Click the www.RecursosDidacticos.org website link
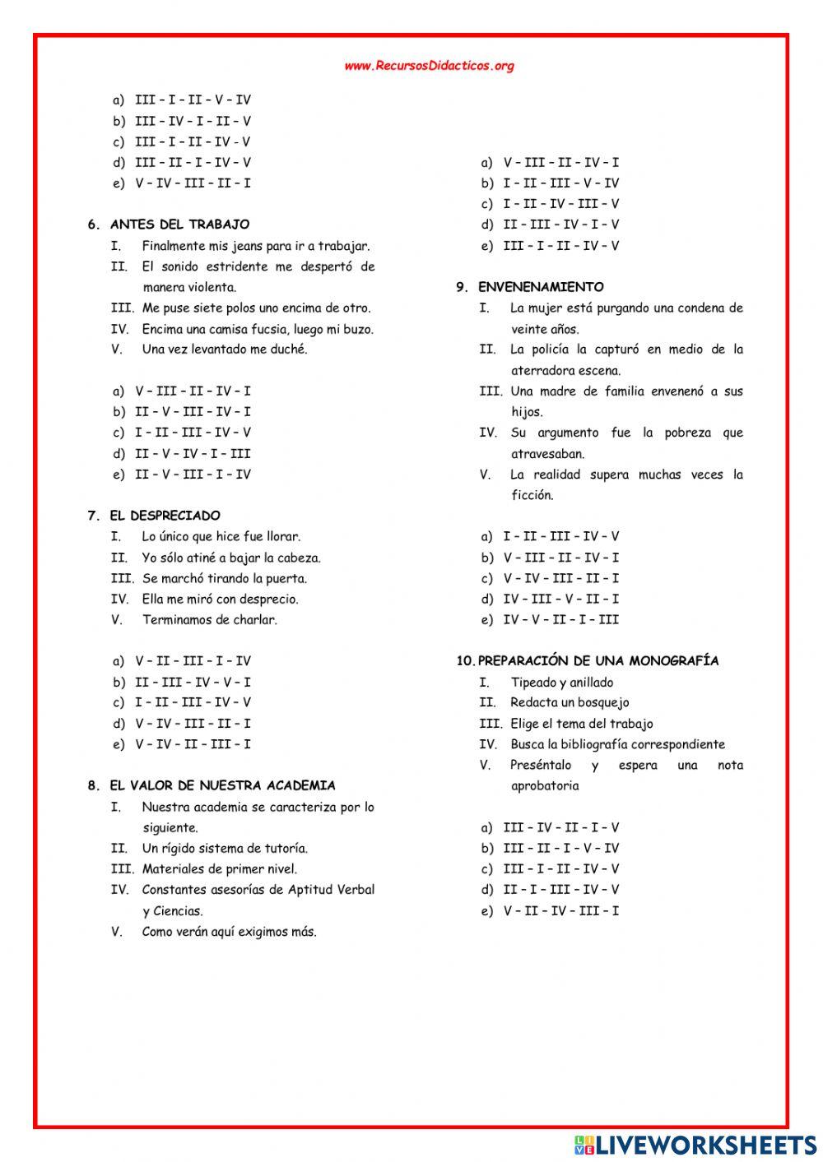pos(429,66)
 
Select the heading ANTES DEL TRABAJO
pos(179,225)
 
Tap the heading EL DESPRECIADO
pos(165,516)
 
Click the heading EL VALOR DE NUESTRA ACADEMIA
pos(222,785)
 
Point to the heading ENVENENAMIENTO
pos(541,287)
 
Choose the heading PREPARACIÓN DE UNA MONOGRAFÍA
pos(597,660)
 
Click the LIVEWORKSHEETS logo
pos(695,1144)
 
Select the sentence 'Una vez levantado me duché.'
pos(224,350)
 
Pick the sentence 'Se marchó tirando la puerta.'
pos(224,578)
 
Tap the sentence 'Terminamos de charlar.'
pos(209,620)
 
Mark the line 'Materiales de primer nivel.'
pos(220,869)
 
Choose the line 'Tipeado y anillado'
pos(561,682)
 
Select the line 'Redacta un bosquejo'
pos(570,702)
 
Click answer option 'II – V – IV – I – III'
pos(193,453)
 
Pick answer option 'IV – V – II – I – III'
pos(560,619)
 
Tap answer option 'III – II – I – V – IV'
pos(560,848)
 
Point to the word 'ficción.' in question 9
pos(532,495)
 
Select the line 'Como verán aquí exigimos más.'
pos(229,932)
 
